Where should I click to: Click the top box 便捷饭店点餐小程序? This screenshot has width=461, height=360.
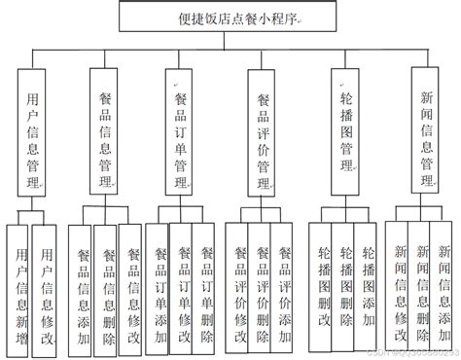[x=230, y=17]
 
